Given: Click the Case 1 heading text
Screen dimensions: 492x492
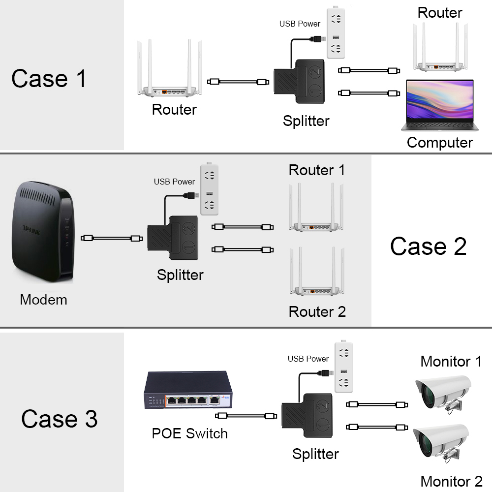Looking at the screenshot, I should pos(49,79).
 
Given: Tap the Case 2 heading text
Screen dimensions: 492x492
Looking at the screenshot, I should pos(428,246).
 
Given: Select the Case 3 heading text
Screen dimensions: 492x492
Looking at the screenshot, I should pos(59,419).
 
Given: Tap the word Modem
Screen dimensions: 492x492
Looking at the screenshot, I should pos(43,299).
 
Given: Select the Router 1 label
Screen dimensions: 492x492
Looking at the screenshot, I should pos(317,170).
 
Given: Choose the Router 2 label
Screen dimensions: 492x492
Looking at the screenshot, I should pos(317,311).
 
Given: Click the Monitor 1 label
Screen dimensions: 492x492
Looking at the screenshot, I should pos(451,362).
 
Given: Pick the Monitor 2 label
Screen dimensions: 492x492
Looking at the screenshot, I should pos(451,481).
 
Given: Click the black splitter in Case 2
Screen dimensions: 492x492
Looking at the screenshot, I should pos(172,239).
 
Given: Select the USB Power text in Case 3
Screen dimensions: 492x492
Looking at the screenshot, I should pos(308,359).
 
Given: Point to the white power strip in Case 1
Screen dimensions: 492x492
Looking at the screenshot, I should pos(336,34).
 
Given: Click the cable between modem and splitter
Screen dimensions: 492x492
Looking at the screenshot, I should pos(112,238).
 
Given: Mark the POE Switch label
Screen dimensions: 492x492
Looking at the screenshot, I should pos(189,433).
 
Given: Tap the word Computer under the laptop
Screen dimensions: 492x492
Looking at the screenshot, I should pos(439,143).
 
